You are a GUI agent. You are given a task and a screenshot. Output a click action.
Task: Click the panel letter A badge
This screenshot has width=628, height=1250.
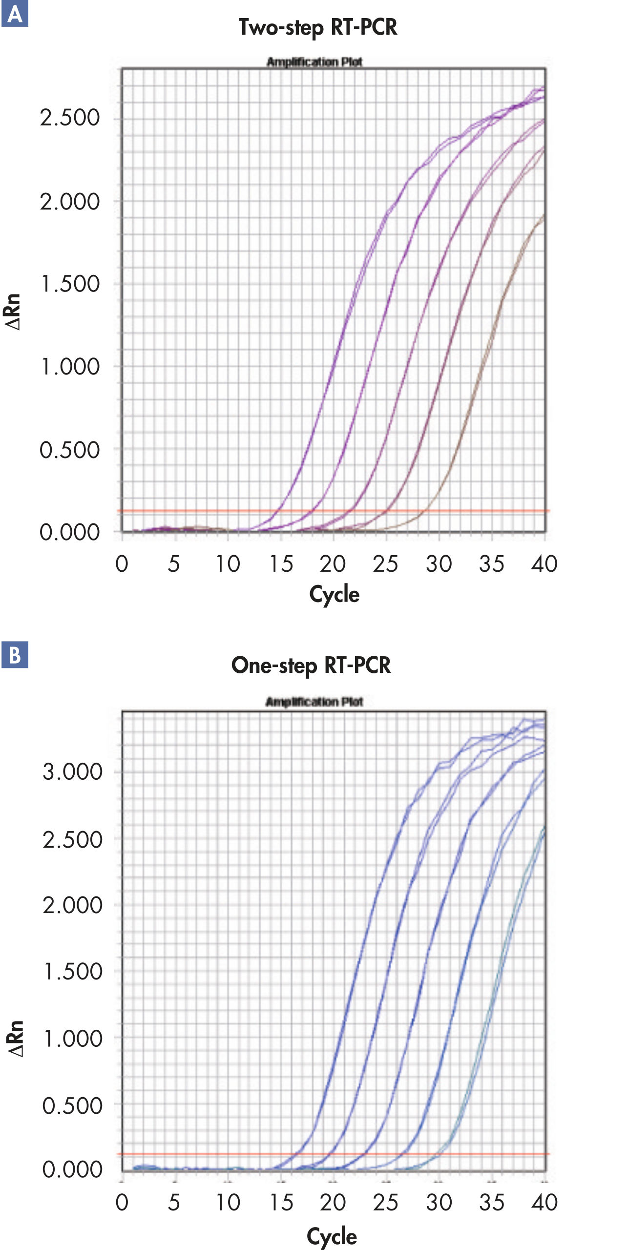pos(15,14)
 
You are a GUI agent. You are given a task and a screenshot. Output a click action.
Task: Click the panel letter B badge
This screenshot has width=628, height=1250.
pos(15,655)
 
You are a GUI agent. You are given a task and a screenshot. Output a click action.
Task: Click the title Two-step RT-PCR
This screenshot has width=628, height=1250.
pos(317,27)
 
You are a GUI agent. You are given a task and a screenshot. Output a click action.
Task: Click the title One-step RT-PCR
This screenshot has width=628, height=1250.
pos(311,666)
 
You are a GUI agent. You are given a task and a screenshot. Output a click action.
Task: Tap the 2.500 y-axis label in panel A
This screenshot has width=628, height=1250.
pos(70,118)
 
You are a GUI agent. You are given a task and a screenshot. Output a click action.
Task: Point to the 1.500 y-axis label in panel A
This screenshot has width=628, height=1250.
pos(70,284)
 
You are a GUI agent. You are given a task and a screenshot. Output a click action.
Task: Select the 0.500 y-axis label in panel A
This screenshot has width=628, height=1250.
pos(70,450)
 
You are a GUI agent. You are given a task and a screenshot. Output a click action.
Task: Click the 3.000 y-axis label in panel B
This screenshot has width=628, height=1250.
pos(72,771)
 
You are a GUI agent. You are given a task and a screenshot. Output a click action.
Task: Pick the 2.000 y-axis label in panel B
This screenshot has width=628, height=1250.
pos(72,905)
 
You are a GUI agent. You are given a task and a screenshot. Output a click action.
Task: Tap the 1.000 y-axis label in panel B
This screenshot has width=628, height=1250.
pos(72,1038)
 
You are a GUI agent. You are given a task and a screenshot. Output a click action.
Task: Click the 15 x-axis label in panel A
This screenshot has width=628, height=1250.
pos(281,564)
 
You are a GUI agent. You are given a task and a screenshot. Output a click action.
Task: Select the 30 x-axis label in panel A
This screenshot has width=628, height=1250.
pos(439,564)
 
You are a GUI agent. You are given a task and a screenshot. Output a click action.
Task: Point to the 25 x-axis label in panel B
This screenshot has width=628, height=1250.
pos(385,1202)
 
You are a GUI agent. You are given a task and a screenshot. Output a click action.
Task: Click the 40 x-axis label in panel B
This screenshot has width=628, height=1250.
pos(544,1202)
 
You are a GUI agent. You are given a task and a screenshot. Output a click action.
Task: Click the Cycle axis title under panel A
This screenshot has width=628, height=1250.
pos(334,594)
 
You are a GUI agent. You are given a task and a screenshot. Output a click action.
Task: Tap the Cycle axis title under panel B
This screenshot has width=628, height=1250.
pos(332,1236)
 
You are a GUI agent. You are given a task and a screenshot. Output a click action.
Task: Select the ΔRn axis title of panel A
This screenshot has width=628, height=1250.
pos(13,312)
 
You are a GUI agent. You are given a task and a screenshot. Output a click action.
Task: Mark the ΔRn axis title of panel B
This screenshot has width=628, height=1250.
pos(16,1039)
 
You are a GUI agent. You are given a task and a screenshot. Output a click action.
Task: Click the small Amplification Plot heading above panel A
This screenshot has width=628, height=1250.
pos(314,62)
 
